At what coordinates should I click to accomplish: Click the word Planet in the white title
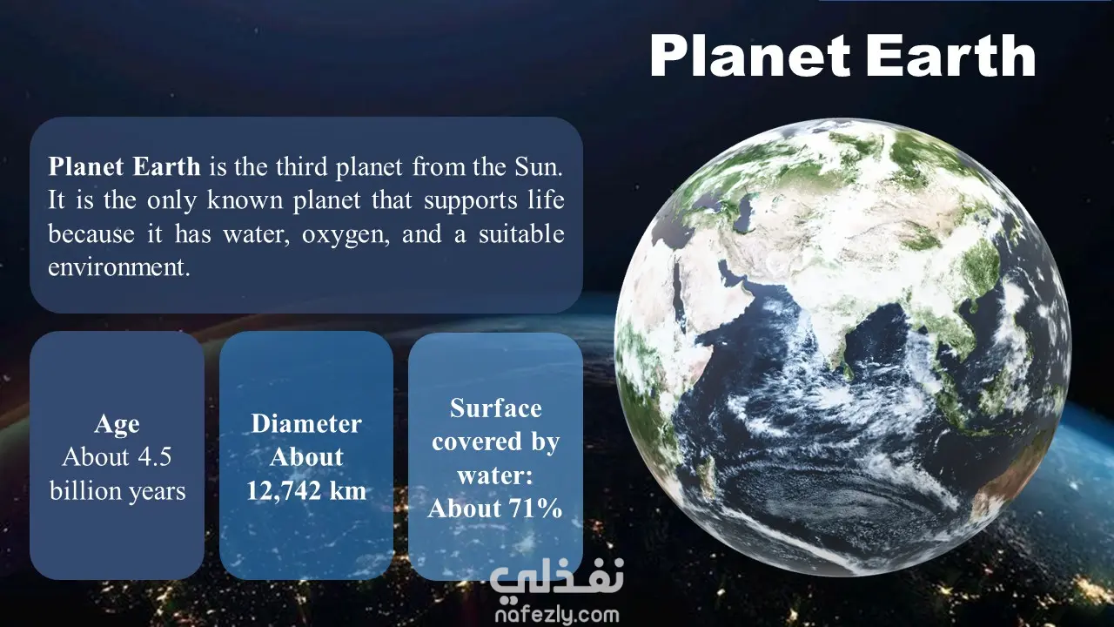coord(750,55)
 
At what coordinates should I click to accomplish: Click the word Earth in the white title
coord(951,55)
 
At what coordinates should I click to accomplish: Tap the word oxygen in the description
coord(346,235)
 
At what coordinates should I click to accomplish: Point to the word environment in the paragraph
coord(119,267)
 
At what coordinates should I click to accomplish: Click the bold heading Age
coord(117,424)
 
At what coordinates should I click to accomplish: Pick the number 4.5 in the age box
coord(154,457)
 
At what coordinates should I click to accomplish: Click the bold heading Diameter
coord(306,424)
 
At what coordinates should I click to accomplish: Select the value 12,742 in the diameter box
coord(284,491)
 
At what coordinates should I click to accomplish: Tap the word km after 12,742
coord(347,490)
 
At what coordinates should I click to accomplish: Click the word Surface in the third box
coord(496,408)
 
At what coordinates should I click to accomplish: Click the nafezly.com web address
coord(557,616)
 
